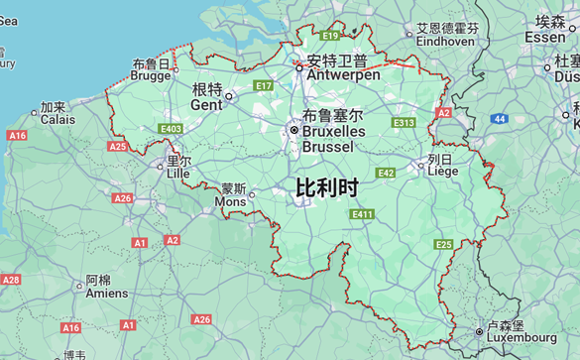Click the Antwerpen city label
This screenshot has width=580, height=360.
coord(343,67)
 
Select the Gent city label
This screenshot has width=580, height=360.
coord(206,97)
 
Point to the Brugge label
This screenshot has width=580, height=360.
coord(151,69)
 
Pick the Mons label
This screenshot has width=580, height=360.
coord(231,194)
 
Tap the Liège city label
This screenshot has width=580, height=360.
coord(442,165)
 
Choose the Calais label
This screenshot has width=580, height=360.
coord(58,113)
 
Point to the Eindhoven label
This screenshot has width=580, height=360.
coord(446,35)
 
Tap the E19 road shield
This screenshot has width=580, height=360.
coord(330,36)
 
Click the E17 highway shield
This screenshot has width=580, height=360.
coord(263,86)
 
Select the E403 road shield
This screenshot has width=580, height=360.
coord(171,129)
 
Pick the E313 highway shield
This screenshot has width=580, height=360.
coord(404,123)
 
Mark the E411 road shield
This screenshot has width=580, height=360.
coord(362,214)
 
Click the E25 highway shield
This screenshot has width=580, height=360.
coord(443,244)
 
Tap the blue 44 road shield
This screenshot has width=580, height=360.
coord(500,119)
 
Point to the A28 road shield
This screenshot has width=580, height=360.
coord(10,280)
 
